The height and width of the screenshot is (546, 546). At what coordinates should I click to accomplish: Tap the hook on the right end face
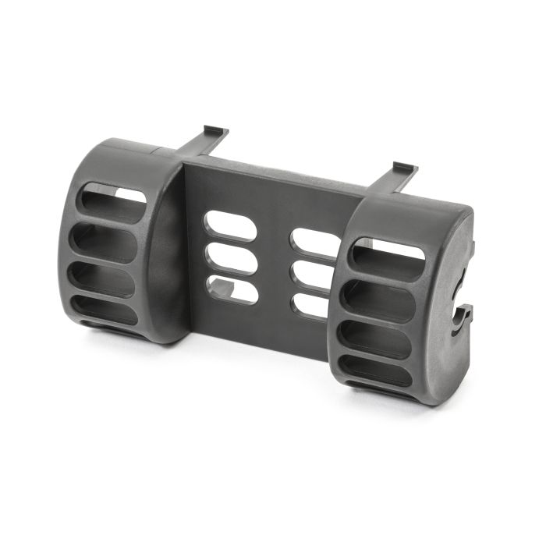point(461,320)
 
